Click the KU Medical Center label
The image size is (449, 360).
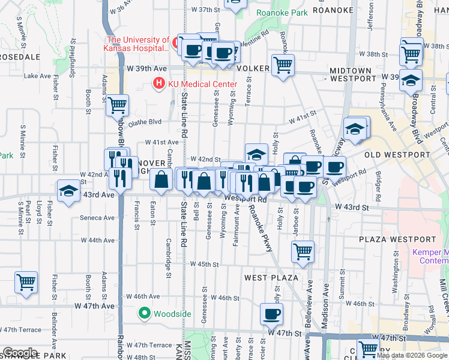[x=194, y=83]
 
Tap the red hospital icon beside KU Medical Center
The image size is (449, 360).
[x=159, y=83]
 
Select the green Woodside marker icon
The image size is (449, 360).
[x=145, y=313]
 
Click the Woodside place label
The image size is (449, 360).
[x=172, y=313]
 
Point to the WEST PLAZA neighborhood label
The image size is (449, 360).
[x=271, y=278]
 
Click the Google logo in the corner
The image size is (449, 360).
[x=20, y=353]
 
